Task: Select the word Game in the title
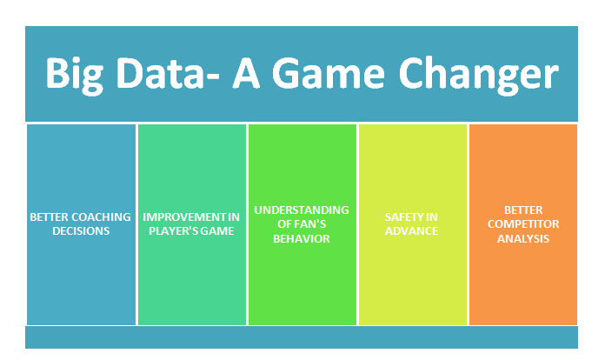329,73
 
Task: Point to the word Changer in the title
478,76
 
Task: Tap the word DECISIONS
81,231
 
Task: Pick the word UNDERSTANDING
302,210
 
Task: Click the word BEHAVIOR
302,239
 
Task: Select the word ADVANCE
411,231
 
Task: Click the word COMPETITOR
523,224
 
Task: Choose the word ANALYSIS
523,239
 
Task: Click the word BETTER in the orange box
523,210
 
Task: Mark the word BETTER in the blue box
50,217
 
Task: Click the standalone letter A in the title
246,73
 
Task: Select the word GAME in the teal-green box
217,231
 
